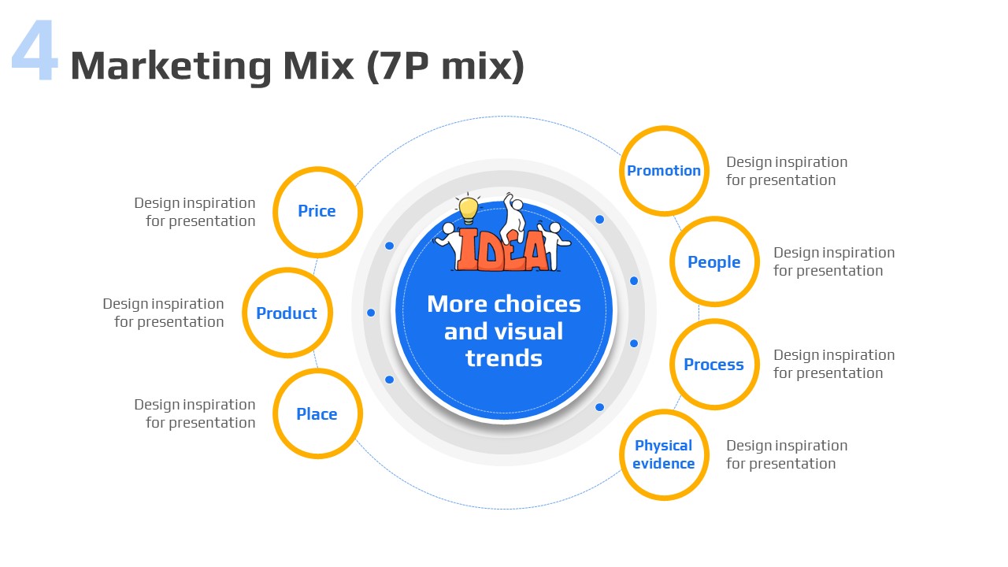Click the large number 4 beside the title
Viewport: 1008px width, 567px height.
pyautogui.click(x=35, y=50)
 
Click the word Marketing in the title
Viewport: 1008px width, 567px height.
pyautogui.click(x=171, y=67)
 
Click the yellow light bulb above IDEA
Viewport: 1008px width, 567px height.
pyautogui.click(x=468, y=209)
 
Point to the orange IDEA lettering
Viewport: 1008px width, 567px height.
pyautogui.click(x=502, y=250)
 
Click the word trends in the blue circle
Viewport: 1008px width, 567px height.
pyautogui.click(x=504, y=358)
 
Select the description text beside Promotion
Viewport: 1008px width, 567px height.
pyautogui.click(x=787, y=171)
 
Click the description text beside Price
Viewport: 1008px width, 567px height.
pyautogui.click(x=195, y=212)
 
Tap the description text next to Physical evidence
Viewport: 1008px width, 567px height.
pyautogui.click(x=787, y=454)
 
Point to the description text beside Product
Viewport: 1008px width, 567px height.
pyautogui.click(x=163, y=313)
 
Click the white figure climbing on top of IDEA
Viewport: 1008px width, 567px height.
pyautogui.click(x=514, y=216)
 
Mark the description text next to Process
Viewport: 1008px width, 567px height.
pyautogui.click(x=834, y=364)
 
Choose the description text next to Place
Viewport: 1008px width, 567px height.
pyautogui.click(x=195, y=413)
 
